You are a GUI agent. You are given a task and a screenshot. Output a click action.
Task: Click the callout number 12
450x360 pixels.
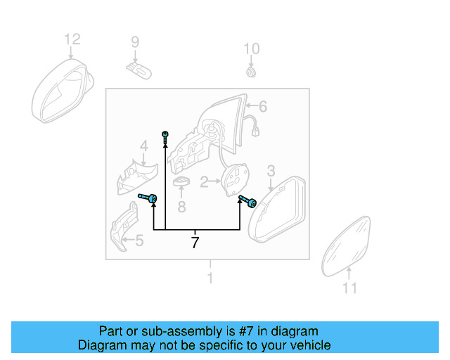point(72,39)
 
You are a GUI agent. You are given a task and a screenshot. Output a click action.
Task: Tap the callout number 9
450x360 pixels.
point(135,44)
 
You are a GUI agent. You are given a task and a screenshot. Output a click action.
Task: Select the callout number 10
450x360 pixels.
point(251,49)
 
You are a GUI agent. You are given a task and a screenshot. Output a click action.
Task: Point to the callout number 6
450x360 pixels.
point(262,107)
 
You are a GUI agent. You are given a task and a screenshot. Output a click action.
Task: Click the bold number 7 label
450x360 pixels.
point(195,243)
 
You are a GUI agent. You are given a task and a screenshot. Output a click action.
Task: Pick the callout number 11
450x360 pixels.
point(349,288)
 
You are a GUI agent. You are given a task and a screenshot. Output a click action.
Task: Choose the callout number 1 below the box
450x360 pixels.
point(209,279)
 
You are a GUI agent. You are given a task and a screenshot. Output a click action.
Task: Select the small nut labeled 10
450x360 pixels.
point(251,72)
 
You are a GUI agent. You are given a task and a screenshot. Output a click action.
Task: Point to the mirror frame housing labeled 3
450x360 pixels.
point(277,210)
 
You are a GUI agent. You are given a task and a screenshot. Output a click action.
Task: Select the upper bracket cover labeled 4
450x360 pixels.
point(136,176)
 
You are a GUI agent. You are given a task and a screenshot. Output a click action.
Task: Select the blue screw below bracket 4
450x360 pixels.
point(148,199)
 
